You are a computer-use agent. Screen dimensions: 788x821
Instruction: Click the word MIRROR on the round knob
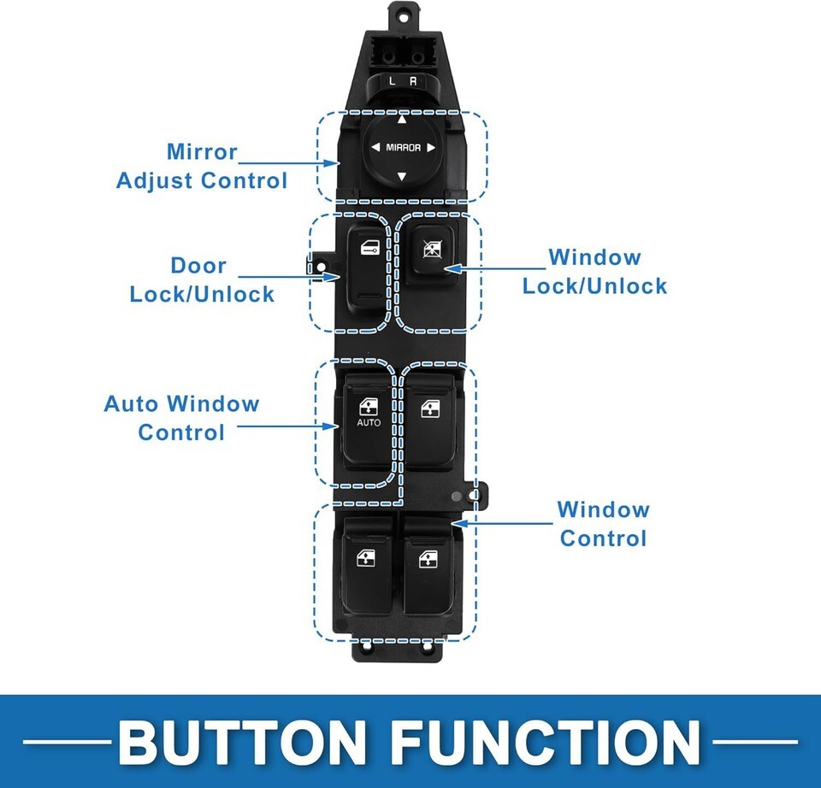click(403, 148)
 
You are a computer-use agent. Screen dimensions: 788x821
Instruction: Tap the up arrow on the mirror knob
click(402, 120)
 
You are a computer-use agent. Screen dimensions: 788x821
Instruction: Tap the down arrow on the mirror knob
click(402, 177)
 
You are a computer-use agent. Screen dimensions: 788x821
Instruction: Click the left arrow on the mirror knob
click(375, 148)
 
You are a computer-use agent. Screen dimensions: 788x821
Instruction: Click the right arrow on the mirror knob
click(431, 148)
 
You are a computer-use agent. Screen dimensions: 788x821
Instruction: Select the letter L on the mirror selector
click(393, 81)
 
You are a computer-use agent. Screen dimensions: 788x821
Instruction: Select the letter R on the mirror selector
click(413, 81)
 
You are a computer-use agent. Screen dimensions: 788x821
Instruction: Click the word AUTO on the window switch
click(369, 422)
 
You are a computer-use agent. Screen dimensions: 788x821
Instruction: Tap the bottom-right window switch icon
click(428, 560)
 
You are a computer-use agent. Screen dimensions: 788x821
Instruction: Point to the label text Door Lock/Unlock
click(202, 279)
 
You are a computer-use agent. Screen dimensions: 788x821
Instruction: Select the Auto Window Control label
click(181, 417)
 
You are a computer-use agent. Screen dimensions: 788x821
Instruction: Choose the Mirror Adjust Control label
click(202, 166)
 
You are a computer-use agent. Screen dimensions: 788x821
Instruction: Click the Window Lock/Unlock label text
click(594, 271)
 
